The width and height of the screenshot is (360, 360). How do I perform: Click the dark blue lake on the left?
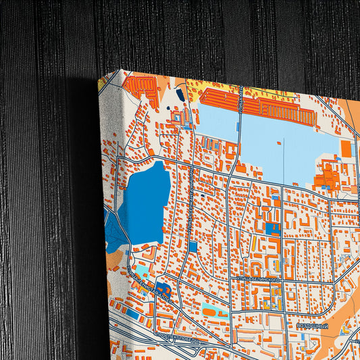point(148,203)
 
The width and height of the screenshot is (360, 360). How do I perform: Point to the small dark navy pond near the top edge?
point(181,95)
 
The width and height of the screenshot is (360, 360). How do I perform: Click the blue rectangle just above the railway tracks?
point(132,315)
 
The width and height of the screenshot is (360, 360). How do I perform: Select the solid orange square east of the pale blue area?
point(346,150)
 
